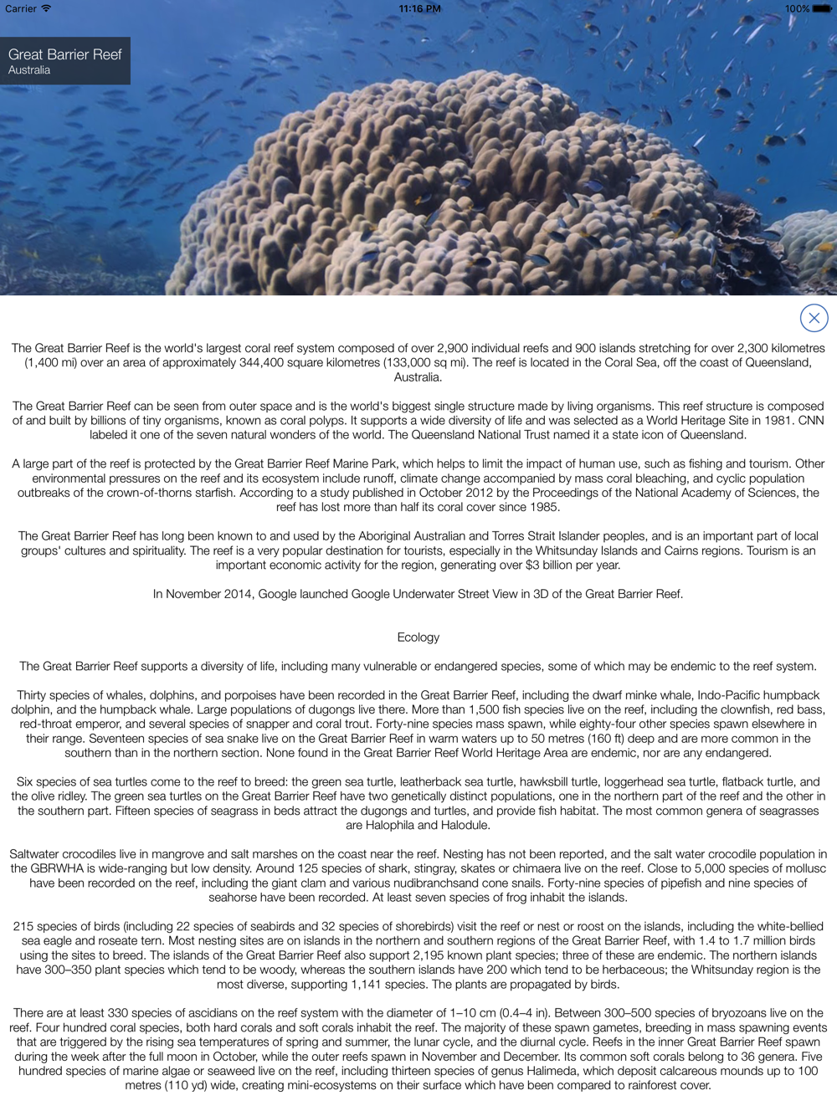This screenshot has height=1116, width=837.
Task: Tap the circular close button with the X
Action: point(814,318)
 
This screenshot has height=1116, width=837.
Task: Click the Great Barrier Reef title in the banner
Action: point(65,54)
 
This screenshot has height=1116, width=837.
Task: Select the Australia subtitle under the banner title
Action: point(29,70)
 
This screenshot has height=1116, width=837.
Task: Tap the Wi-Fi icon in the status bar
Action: point(46,8)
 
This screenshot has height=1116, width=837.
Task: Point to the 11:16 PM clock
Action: point(419,8)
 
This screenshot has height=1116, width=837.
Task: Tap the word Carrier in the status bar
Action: point(21,8)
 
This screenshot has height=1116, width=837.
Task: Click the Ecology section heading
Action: point(418,637)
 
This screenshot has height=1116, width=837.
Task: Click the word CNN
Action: point(811,420)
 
